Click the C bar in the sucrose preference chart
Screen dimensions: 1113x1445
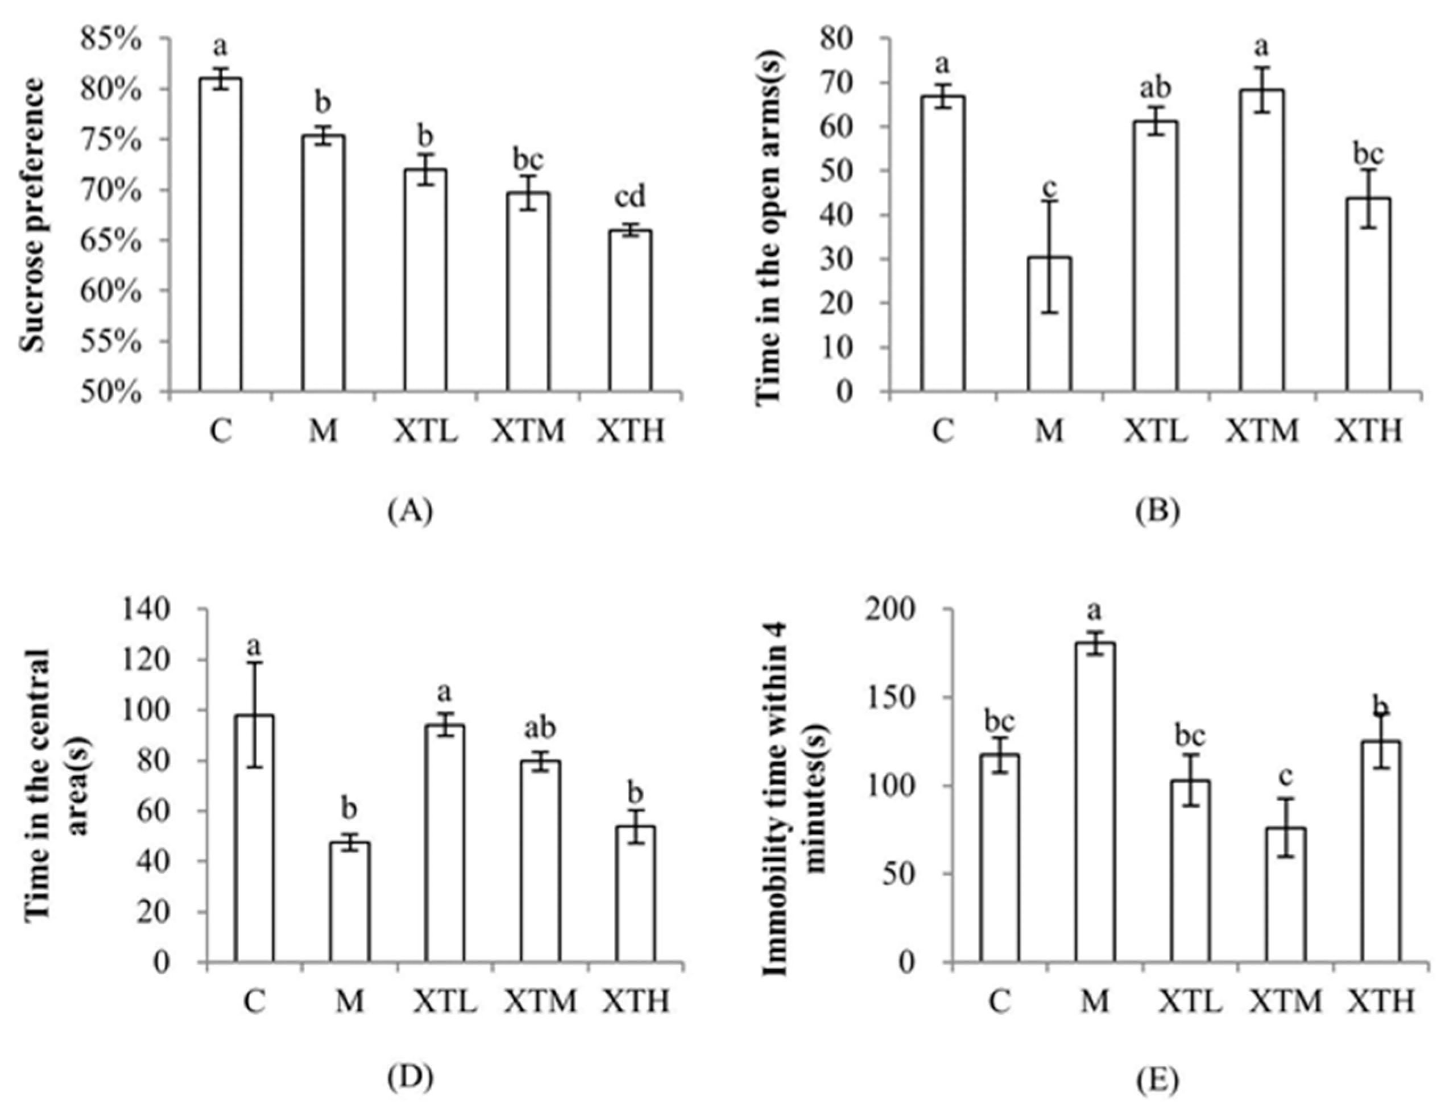220,235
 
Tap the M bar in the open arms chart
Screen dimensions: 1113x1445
1049,325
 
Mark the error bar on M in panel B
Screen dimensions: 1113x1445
1049,256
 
